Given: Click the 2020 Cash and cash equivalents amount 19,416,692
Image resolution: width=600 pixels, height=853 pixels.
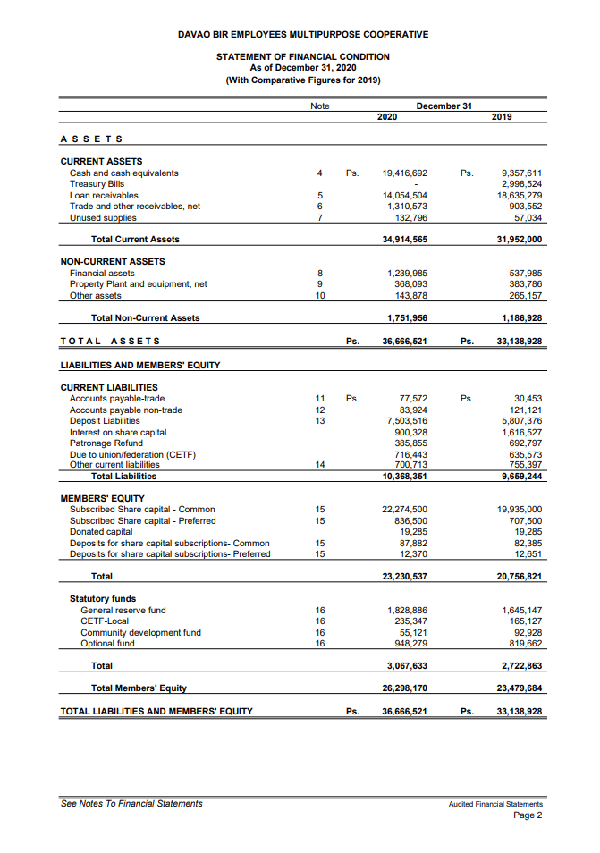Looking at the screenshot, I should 404,173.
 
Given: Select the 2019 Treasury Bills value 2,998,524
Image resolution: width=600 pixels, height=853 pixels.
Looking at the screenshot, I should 521,183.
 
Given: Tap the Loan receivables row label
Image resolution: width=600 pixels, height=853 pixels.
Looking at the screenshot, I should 104,195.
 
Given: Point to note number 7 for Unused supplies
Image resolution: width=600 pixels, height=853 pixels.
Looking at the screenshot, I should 319,217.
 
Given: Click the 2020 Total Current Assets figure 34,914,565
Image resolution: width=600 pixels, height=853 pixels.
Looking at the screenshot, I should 404,239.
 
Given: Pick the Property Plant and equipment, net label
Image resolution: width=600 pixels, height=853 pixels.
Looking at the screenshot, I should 138,284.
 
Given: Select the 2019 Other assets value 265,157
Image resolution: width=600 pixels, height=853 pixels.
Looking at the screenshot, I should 524,295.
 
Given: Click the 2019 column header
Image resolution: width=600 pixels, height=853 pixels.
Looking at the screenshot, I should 503,116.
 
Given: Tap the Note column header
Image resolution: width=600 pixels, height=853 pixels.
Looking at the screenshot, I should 319,106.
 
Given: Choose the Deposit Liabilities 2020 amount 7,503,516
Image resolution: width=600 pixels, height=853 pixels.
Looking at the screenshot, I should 407,420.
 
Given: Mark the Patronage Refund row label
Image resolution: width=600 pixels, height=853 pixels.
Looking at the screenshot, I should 106,443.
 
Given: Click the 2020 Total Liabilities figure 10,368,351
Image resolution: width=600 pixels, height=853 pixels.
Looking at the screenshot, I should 404,476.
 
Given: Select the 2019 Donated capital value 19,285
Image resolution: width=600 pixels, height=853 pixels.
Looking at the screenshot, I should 528,532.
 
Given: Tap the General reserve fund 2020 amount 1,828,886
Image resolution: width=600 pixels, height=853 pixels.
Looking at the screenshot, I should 407,611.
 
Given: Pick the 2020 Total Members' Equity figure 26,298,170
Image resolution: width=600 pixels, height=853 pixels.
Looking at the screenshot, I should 404,688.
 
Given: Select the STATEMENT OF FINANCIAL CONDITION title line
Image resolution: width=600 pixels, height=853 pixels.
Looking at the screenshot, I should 303,56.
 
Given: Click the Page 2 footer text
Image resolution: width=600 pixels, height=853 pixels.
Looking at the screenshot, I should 528,815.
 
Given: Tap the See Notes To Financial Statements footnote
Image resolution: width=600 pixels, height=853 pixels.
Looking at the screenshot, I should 131,803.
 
